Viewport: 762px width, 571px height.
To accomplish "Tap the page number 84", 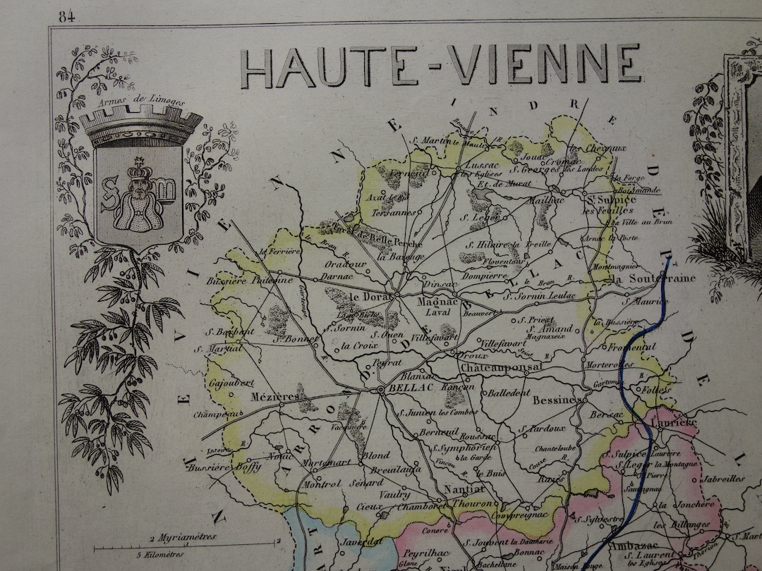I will click(x=67, y=17).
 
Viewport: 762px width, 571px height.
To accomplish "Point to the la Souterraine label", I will click(x=653, y=278).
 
